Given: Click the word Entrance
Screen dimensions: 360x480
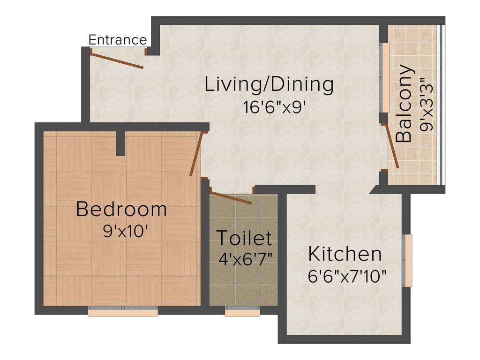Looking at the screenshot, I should pyautogui.click(x=118, y=40).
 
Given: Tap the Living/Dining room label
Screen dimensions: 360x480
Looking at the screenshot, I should pyautogui.click(x=269, y=85).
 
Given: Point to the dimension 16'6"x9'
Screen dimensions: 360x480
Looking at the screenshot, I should pyautogui.click(x=275, y=107).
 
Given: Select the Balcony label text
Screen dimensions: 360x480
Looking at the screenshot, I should pyautogui.click(x=404, y=104).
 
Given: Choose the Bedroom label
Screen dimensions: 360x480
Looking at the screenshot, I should pyautogui.click(x=121, y=209).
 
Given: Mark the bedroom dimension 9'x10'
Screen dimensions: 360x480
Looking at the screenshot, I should pyautogui.click(x=126, y=232).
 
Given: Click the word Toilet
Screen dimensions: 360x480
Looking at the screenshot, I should pyautogui.click(x=244, y=238).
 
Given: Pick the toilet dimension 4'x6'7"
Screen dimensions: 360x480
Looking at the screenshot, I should pyautogui.click(x=246, y=258).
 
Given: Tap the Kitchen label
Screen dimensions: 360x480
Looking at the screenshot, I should pyautogui.click(x=345, y=254).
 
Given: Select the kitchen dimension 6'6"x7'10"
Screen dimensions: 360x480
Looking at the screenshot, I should pyautogui.click(x=347, y=276).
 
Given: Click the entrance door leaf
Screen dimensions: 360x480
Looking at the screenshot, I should pyautogui.click(x=117, y=61).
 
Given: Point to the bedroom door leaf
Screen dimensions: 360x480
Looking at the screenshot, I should pyautogui.click(x=196, y=154).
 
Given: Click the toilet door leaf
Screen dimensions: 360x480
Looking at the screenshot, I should pyautogui.click(x=231, y=197).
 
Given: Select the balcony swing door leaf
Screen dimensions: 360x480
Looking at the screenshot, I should pyautogui.click(x=391, y=146).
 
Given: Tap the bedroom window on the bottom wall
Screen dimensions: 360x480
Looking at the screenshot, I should pyautogui.click(x=123, y=312).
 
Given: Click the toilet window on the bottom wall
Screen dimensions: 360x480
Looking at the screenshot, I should pyautogui.click(x=242, y=312).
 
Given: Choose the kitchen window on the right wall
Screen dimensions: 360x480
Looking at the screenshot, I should pyautogui.click(x=408, y=260).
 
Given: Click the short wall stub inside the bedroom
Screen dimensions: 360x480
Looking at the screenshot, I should pyautogui.click(x=120, y=143).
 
